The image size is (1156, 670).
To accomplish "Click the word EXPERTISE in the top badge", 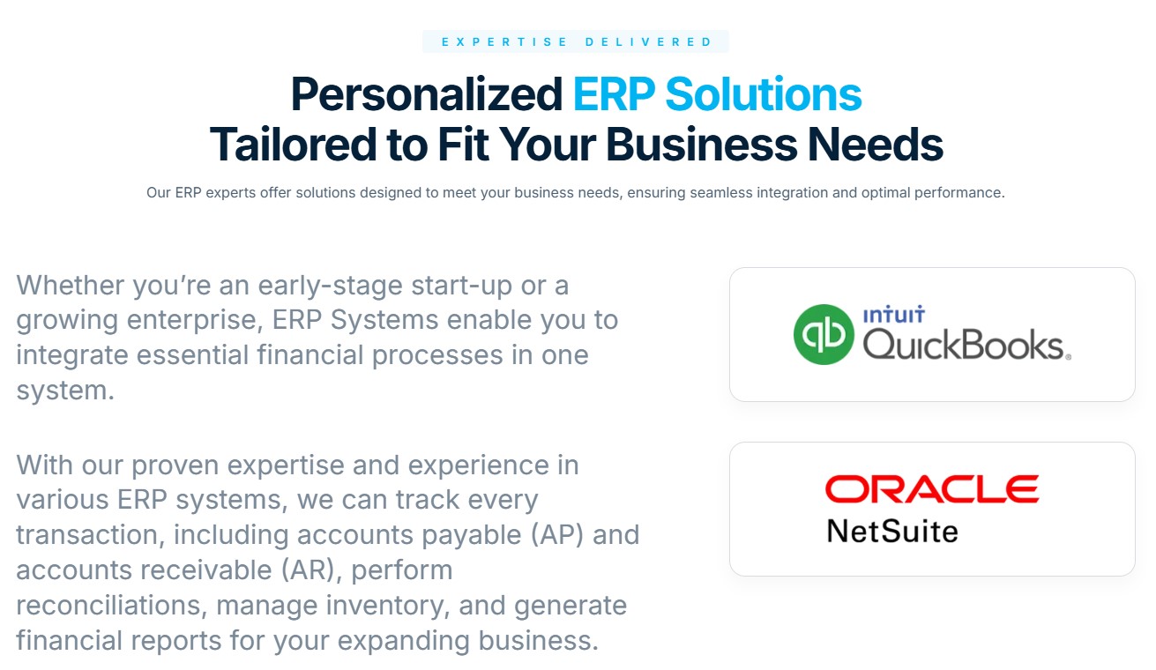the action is point(504,41).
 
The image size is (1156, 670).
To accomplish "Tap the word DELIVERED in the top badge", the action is point(649,41).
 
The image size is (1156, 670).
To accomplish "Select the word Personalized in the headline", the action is point(427,95).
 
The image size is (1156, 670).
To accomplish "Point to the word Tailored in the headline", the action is point(293,145).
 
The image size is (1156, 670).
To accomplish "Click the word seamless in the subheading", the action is point(721,192).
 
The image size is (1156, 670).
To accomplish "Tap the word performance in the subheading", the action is point(958,193).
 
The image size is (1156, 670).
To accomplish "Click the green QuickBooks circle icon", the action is point(824,334).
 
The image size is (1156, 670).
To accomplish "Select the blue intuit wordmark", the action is point(894,315).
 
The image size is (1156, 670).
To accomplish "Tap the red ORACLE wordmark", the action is point(932,488).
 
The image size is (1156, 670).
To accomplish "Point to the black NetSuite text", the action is point(892,532).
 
